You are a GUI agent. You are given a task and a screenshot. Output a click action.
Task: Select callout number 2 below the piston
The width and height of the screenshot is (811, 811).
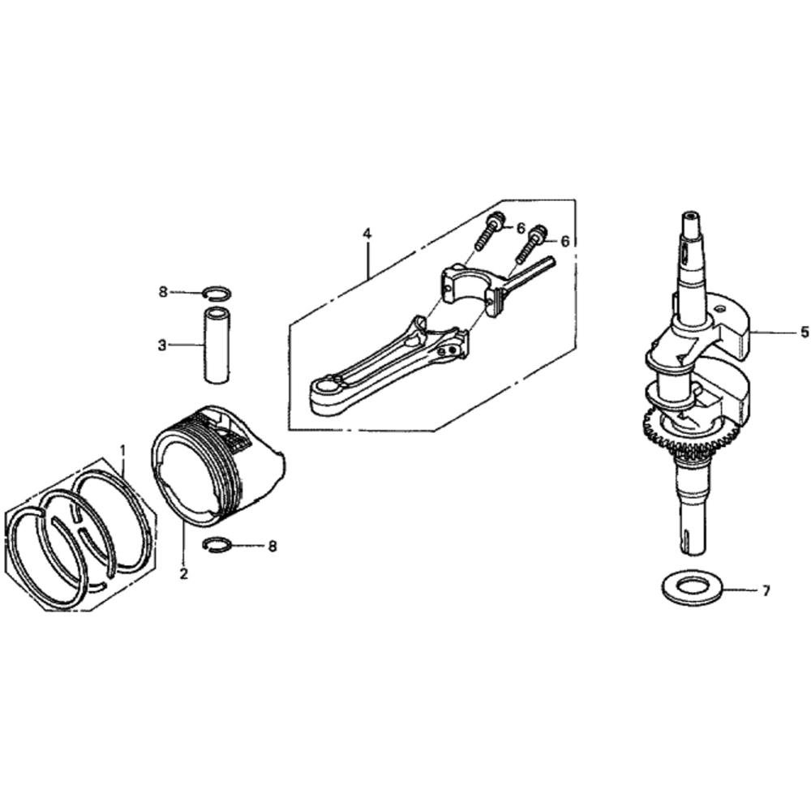point(183,573)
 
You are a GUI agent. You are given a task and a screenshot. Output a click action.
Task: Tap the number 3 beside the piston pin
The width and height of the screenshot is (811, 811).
point(162,345)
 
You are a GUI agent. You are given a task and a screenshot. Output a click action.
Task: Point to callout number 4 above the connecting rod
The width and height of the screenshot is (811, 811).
point(367,234)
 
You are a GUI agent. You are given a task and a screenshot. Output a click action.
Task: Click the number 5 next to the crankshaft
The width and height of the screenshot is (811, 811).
point(804,332)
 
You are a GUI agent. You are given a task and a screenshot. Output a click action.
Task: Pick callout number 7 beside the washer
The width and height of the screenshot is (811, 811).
point(766,590)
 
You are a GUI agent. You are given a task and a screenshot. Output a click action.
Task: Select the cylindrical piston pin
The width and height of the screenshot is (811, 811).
point(217,345)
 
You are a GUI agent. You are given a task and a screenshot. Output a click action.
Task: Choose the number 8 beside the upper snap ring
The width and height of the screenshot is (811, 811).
point(164,292)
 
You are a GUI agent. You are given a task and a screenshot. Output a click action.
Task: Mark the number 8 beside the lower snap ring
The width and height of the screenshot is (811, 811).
point(272,546)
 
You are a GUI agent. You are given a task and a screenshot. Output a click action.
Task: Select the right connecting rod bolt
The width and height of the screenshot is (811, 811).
point(530,244)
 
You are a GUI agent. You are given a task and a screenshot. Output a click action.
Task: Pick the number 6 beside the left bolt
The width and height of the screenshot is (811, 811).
point(521,228)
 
